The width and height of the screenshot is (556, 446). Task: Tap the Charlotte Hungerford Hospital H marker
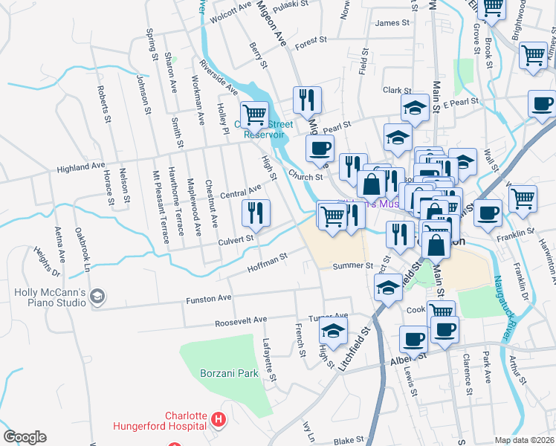[218, 421]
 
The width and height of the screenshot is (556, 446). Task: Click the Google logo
[25, 437]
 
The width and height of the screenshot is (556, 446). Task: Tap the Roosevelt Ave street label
[240, 321]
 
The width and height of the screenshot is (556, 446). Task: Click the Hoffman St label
[268, 261]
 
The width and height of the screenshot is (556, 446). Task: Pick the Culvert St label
[236, 239]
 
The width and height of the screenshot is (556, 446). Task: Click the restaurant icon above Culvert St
[255, 213]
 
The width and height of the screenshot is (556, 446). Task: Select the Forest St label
[311, 42]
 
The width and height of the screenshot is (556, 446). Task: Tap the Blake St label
[348, 441]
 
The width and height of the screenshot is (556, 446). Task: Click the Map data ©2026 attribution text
[525, 440]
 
